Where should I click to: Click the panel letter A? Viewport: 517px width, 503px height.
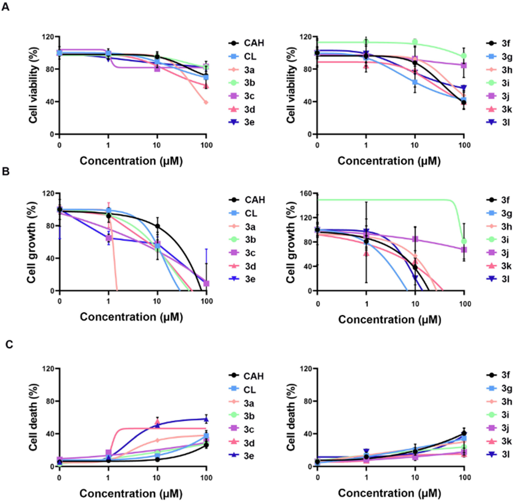pyautogui.click(x=6, y=7)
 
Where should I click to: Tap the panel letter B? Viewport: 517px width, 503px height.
pyautogui.click(x=6, y=172)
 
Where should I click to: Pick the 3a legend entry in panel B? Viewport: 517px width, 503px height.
pyautogui.click(x=247, y=227)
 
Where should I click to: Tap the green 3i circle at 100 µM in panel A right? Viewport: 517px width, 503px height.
pyautogui.click(x=464, y=56)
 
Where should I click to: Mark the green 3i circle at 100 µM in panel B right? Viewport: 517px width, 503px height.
pyautogui.click(x=464, y=241)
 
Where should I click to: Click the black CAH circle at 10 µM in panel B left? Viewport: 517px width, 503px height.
pyautogui.click(x=157, y=226)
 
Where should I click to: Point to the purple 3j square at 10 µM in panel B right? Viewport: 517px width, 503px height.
pyautogui.click(x=415, y=239)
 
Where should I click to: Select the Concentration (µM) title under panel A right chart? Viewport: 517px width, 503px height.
pyautogui.click(x=389, y=161)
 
